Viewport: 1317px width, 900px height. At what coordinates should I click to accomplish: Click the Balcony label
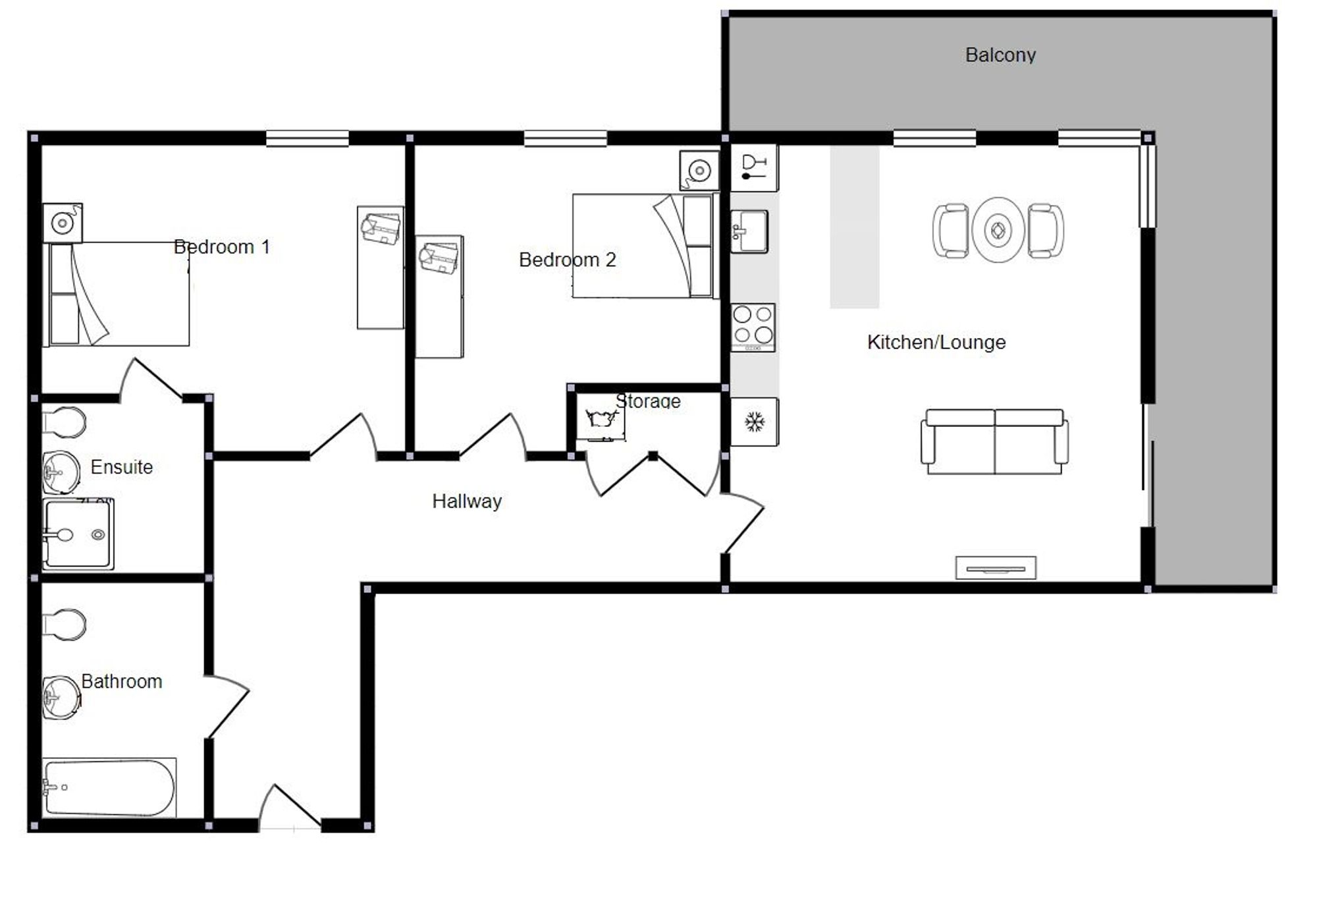tap(1000, 55)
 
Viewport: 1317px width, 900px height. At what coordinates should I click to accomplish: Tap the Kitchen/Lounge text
tap(936, 342)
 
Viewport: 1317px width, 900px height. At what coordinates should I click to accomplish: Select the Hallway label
tap(467, 501)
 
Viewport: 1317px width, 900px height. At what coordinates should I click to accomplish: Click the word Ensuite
tap(122, 467)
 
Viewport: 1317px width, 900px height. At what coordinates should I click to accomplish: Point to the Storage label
tap(648, 401)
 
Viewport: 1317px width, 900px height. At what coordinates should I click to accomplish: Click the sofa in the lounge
tap(994, 441)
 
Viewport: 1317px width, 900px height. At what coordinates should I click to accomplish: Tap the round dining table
tap(998, 231)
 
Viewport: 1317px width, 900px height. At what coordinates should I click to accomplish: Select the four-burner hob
tap(753, 327)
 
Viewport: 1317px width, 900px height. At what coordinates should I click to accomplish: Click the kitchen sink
tap(749, 231)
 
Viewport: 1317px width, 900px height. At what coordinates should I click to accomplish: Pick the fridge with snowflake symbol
tap(755, 422)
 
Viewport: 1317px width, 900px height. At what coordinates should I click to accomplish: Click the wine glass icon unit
tap(755, 167)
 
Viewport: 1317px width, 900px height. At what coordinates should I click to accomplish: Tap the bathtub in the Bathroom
tap(110, 787)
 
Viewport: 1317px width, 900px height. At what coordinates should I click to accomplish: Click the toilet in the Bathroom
tap(64, 623)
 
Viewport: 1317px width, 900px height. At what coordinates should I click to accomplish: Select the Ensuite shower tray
tap(78, 534)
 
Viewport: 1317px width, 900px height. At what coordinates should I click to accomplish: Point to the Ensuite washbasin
tap(61, 472)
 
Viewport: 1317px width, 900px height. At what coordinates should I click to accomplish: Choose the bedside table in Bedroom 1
tap(63, 223)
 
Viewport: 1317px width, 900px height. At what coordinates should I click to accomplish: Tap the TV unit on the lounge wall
tap(996, 568)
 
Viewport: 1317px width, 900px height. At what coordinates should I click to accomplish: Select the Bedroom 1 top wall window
tap(307, 138)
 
